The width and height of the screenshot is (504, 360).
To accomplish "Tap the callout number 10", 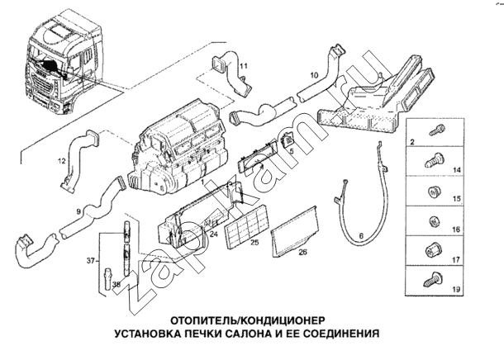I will coord(314,75).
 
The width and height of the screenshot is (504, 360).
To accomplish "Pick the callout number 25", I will coord(255,244).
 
